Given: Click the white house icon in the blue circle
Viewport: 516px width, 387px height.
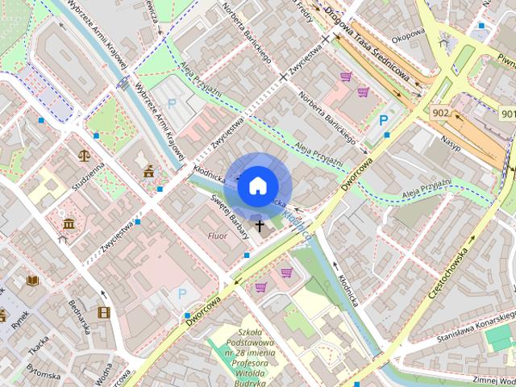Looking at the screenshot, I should (257, 186).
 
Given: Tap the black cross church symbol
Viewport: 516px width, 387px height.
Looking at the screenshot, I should (260, 227).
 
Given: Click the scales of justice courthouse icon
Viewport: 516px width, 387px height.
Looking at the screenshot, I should (84, 154).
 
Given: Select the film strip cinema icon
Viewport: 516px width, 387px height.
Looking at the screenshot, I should (103, 312).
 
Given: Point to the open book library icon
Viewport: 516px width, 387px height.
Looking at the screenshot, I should (32, 281).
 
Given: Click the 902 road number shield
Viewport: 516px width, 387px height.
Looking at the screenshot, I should (440, 113).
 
